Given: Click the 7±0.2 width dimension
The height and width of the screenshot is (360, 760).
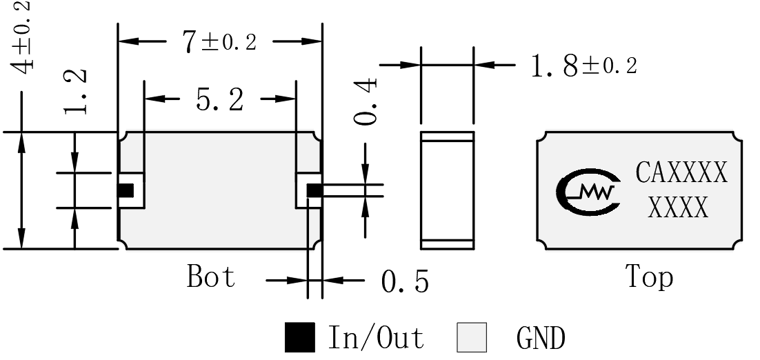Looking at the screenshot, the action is pos(219,42).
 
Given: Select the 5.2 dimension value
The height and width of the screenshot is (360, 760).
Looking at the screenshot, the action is pos(219,100).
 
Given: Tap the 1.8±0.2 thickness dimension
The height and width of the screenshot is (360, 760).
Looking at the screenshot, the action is pos(584,66).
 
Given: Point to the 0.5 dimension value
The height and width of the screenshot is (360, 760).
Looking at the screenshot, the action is pos(405,281).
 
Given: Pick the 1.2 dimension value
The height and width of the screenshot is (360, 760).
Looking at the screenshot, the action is pos(76,91).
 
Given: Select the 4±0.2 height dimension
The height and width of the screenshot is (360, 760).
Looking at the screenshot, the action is pos(22,37).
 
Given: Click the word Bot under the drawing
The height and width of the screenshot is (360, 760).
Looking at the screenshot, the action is pos(211,277).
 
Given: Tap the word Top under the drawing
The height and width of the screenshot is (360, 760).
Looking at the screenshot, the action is pos(650,277).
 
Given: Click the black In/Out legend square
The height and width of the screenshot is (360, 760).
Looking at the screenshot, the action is pos(299,337).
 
